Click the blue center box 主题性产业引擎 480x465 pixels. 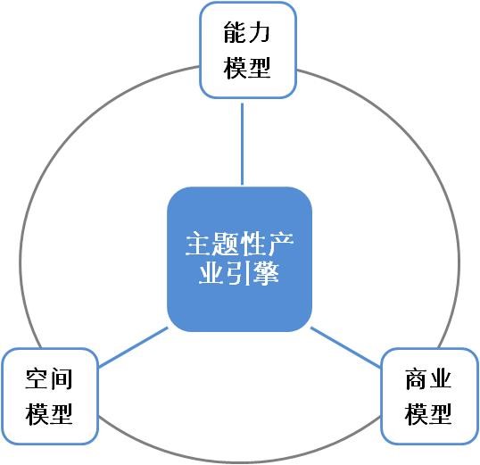(239, 259)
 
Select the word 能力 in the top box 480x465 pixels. (247, 32)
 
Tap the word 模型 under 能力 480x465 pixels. (247, 68)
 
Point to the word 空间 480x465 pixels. (49, 379)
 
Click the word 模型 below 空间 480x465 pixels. (49, 414)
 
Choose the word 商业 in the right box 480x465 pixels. (428, 379)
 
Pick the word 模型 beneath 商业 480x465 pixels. (428, 414)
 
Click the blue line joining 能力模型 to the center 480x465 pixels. (242, 144)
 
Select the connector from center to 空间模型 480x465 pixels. (134, 347)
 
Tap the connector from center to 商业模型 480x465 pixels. (345, 347)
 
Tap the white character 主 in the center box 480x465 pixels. (199, 244)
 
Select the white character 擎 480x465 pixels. (266, 272)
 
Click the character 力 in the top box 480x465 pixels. (259, 32)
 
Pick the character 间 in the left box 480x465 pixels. (62, 379)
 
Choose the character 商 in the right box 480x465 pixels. (417, 379)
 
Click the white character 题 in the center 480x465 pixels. (226, 244)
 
